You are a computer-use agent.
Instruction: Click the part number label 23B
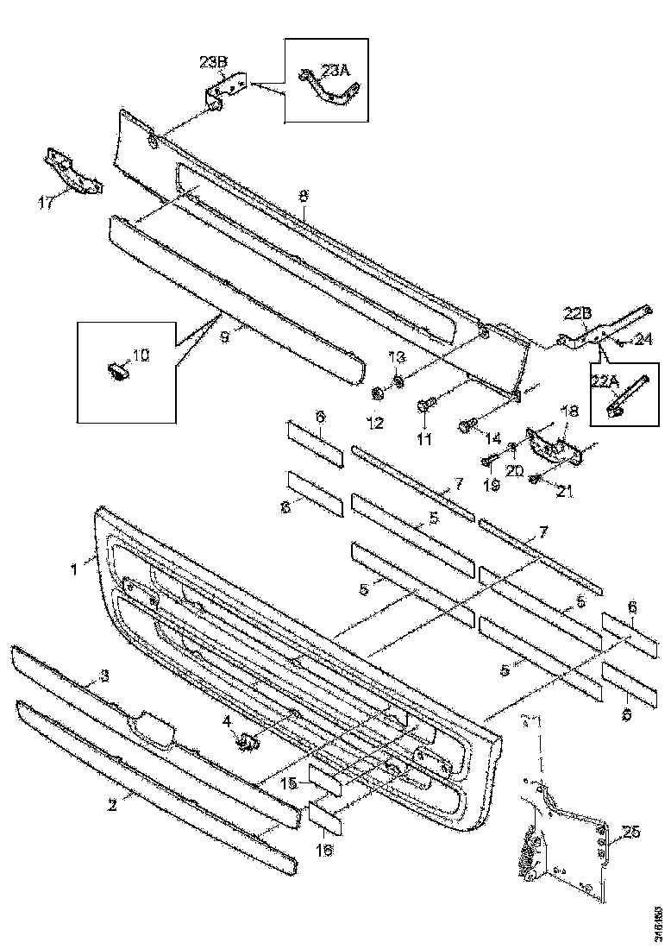213,61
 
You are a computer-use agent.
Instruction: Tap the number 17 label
47,203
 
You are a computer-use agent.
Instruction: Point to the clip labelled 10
119,371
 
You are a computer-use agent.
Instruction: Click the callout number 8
303,196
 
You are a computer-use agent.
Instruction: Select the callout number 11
423,439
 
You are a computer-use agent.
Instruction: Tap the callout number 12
373,423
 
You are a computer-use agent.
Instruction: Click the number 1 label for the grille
74,569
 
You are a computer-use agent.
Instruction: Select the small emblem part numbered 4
248,739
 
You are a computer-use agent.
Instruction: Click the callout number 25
631,832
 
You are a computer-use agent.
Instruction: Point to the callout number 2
111,806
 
